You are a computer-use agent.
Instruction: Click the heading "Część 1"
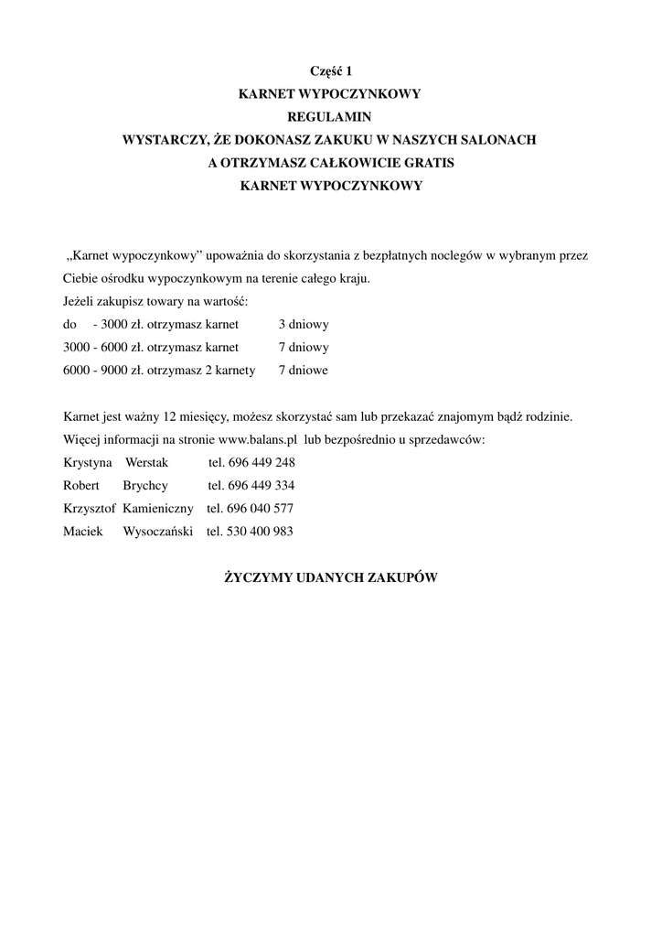330,70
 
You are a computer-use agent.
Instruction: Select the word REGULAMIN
330,117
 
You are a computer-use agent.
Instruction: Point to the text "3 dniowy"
304,325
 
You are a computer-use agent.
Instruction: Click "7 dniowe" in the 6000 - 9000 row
304,371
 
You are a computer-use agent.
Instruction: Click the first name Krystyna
88,462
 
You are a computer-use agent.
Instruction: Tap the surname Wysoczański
158,531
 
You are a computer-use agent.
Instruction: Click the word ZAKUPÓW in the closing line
402,578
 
